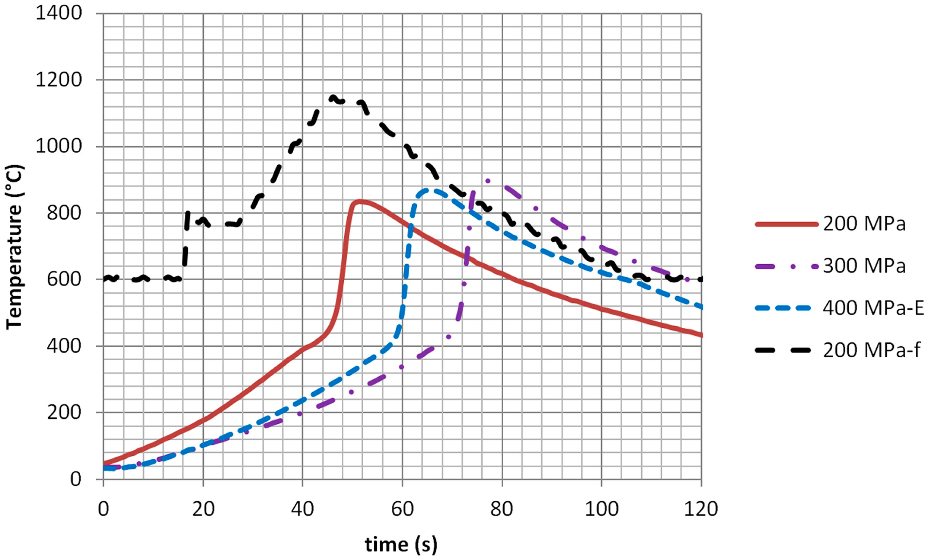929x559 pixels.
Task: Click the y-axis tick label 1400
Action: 58,14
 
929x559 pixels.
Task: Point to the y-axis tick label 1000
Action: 58,146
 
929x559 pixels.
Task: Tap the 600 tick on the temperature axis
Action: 64,279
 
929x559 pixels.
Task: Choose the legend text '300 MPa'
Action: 864,266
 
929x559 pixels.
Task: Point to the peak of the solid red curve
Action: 360,201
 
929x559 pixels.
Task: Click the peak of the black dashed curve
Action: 332,97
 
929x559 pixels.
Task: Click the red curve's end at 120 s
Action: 701,335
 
